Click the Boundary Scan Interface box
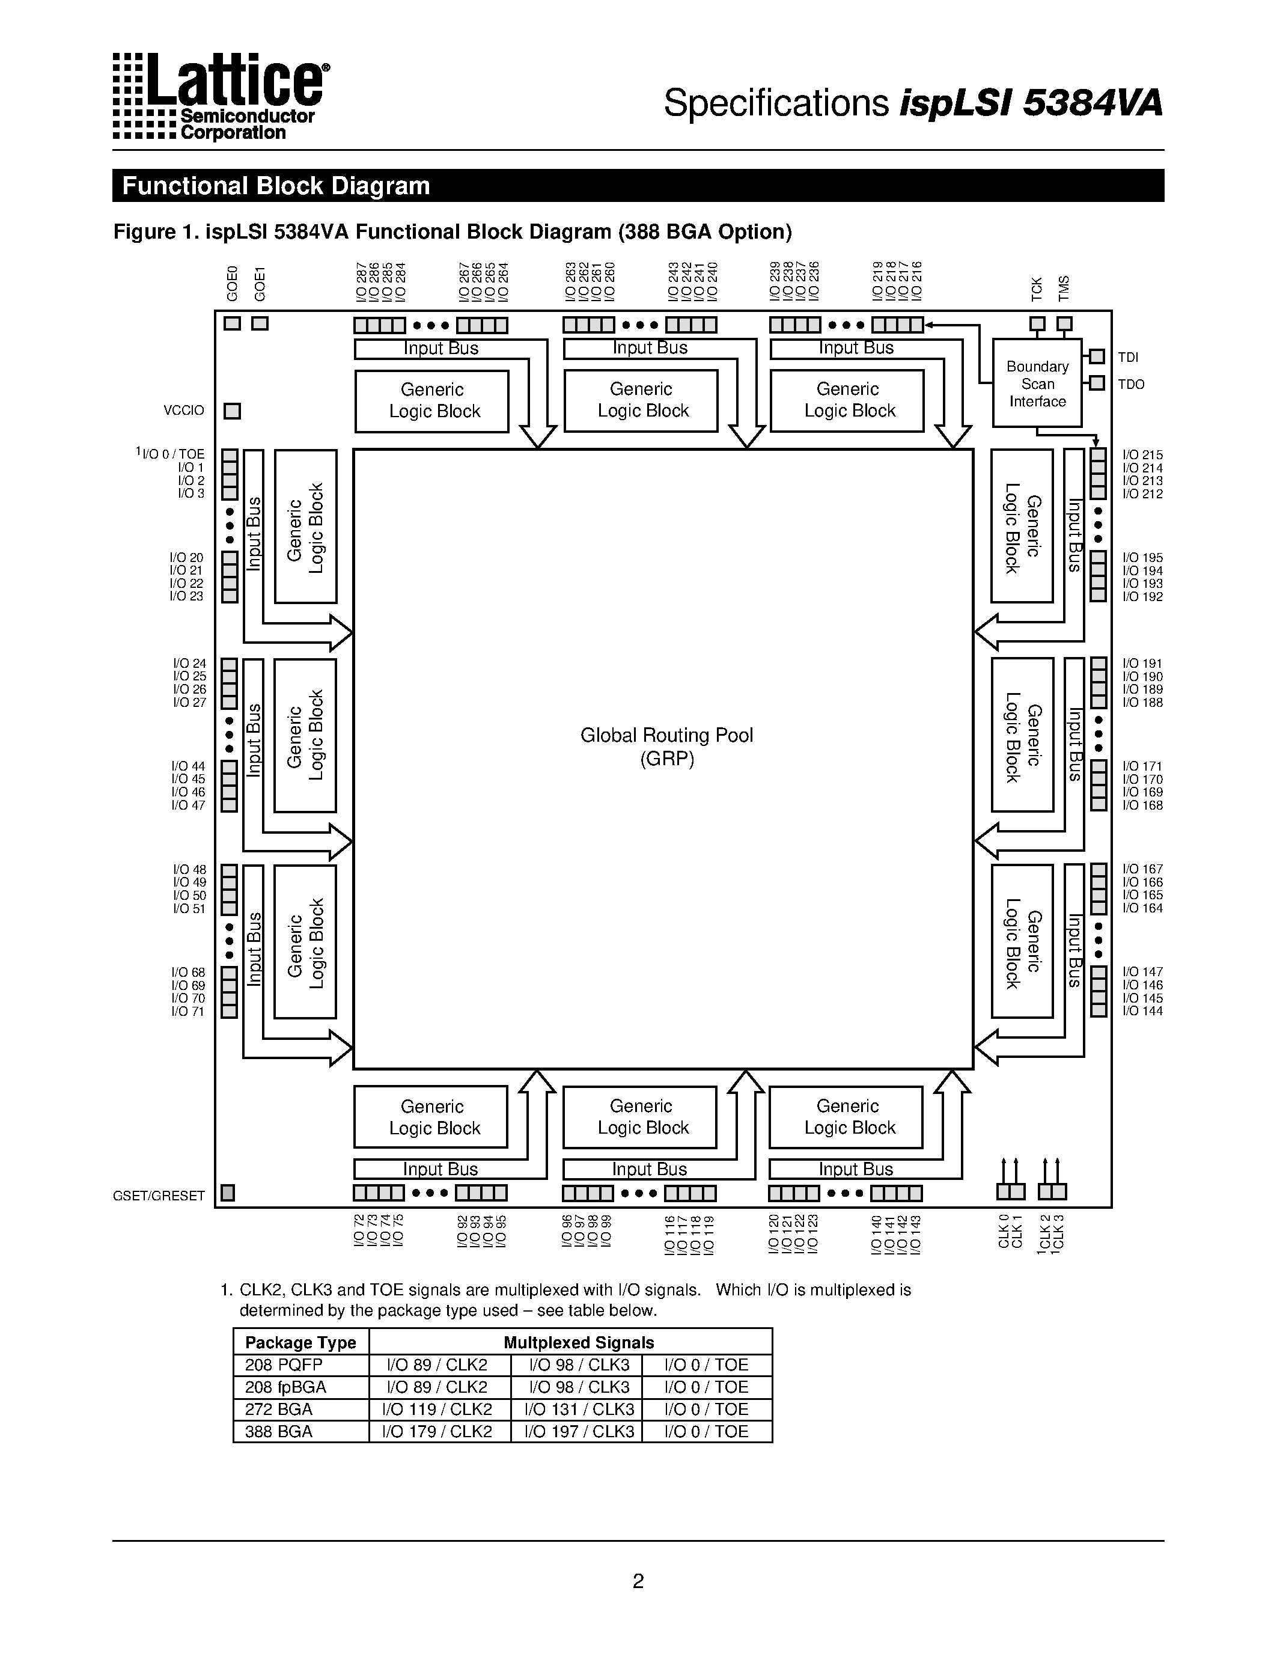coord(1037,383)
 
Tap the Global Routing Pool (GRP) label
coord(666,747)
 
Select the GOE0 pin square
coord(232,323)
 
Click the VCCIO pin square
coord(232,411)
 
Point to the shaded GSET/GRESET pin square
coord(228,1193)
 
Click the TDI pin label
coord(1128,357)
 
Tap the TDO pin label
coord(1131,385)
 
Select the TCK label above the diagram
coord(1037,289)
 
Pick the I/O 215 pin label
coord(1142,455)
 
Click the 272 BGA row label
coord(278,1410)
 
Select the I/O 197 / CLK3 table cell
coord(579,1431)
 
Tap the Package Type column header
coord(300,1343)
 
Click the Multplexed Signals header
coord(579,1343)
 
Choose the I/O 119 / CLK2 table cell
coord(437,1410)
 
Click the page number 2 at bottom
coord(638,1580)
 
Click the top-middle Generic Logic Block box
coord(642,400)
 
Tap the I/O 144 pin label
coord(1142,1011)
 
